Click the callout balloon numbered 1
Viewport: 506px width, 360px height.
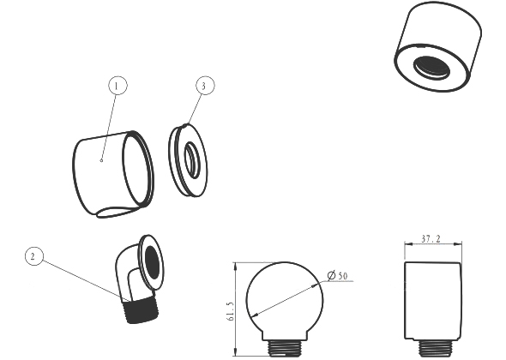(x=117, y=86)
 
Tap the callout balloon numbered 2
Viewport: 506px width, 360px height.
(x=34, y=256)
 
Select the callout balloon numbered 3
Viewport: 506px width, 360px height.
(x=205, y=86)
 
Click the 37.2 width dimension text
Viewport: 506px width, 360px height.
(x=431, y=239)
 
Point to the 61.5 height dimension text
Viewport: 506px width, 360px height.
(x=231, y=312)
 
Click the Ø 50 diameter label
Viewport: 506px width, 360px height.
(x=338, y=276)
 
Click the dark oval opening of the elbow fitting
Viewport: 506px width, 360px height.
(x=152, y=261)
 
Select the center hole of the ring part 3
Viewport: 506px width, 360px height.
(x=192, y=159)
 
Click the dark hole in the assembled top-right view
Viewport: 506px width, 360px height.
(x=431, y=67)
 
